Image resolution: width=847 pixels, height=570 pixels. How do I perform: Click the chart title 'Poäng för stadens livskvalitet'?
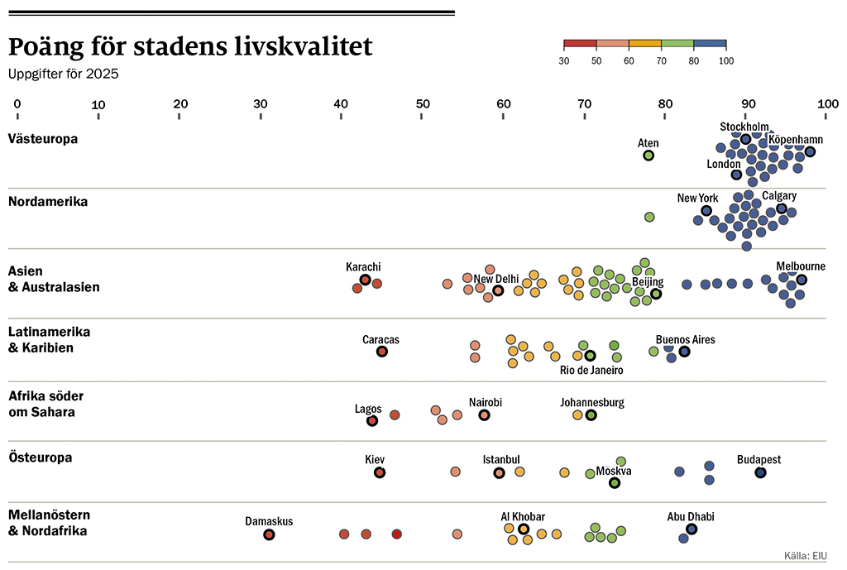click(x=190, y=47)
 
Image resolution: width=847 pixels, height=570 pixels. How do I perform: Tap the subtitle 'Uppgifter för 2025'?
click(x=64, y=74)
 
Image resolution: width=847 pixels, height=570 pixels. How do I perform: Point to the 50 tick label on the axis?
click(x=423, y=104)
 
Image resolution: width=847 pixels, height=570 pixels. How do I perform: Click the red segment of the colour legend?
click(x=580, y=44)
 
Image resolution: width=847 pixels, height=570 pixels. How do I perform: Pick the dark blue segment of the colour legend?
click(x=710, y=44)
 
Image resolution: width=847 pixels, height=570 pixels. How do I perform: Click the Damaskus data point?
click(x=269, y=535)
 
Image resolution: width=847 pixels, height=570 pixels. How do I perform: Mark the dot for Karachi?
click(x=365, y=280)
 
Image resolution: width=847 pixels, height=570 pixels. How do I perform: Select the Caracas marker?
click(x=382, y=352)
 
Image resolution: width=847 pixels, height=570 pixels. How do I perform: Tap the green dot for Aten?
click(x=648, y=156)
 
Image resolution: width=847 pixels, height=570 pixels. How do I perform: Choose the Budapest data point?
click(x=760, y=472)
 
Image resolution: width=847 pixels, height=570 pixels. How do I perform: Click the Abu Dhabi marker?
click(x=691, y=529)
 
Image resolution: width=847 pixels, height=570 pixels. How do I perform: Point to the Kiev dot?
click(x=380, y=472)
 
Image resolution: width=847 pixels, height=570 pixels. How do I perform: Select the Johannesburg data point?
click(x=591, y=414)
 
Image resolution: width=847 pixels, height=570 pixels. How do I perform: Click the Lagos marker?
click(x=372, y=420)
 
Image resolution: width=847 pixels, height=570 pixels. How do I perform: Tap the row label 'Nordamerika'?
click(x=47, y=201)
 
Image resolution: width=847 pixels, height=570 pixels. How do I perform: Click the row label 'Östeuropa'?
click(x=40, y=457)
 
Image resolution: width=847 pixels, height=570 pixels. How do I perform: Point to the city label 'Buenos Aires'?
click(x=685, y=339)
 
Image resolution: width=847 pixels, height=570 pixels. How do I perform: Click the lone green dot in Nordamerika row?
click(x=649, y=217)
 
